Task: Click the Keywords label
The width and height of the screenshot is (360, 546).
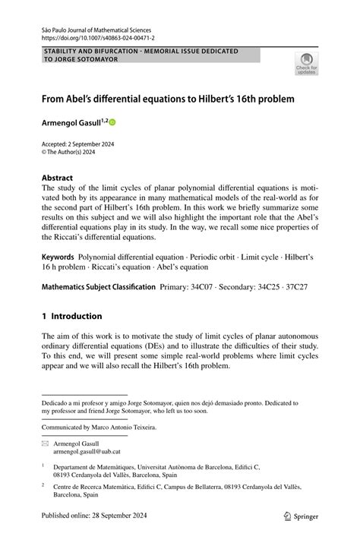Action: pyautogui.click(x=58, y=257)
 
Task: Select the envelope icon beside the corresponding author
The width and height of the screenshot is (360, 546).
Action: pyautogui.click(x=45, y=442)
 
